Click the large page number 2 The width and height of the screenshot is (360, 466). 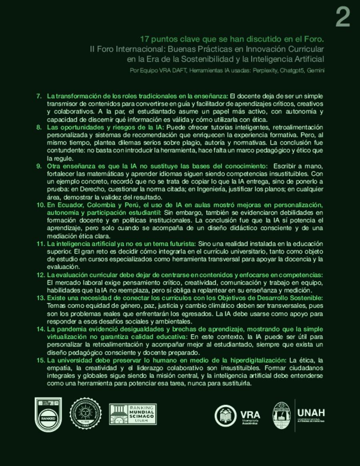pos(342,18)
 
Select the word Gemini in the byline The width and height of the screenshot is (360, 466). pos(316,70)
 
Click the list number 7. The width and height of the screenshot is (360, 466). pos(39,96)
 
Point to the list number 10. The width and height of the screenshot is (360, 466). pos(40,205)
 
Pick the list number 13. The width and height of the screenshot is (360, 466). pos(40,298)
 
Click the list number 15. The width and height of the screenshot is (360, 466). pos(40,360)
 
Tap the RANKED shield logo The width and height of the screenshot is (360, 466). pos(48,414)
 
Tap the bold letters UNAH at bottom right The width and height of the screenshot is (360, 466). pos(311,412)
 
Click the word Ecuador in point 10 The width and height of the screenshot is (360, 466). pos(66,205)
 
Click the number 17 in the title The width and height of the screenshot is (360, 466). pos(145,39)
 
